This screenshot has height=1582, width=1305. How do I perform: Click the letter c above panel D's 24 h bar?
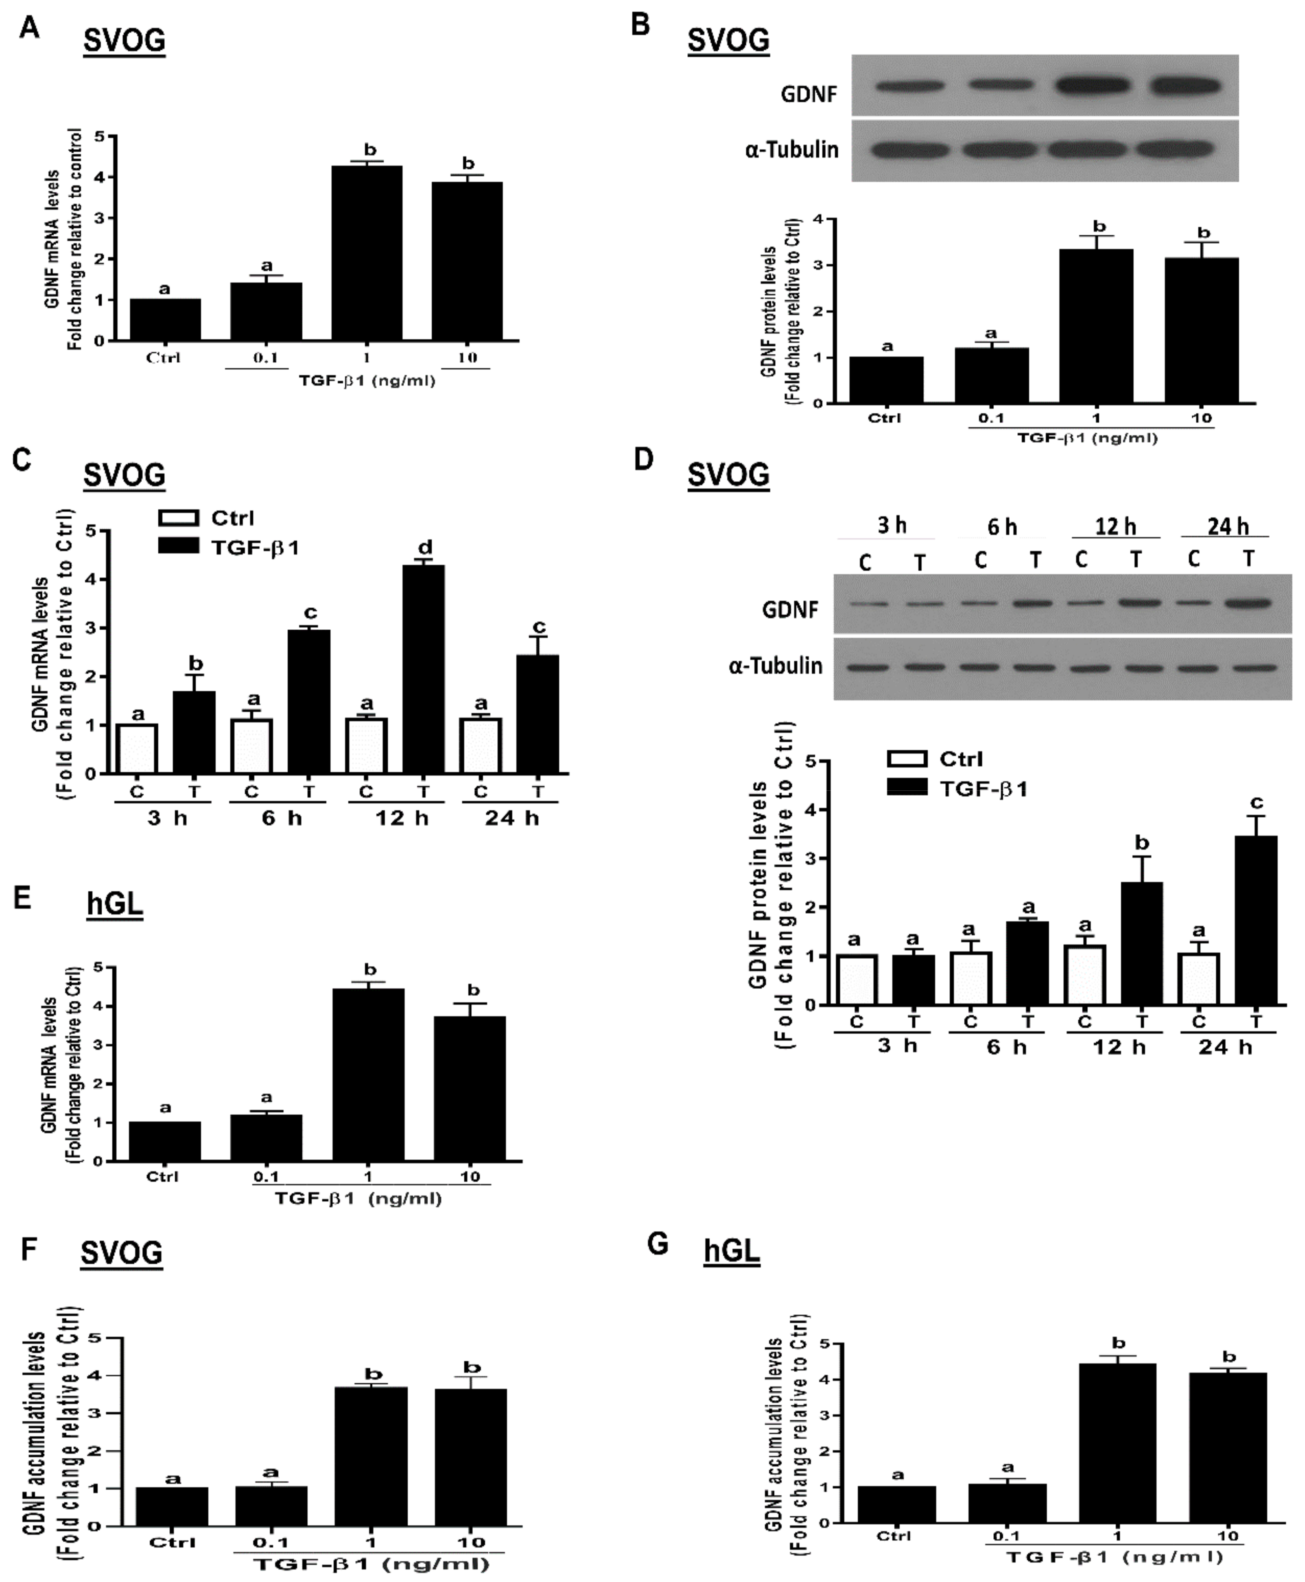pyautogui.click(x=1256, y=802)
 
